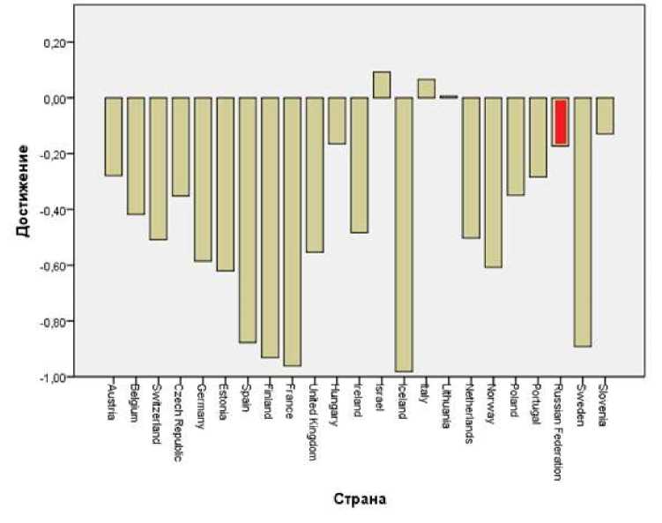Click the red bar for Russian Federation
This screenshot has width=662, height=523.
tap(560, 122)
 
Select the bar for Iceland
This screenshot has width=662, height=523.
tap(404, 234)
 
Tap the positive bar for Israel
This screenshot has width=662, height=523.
tap(382, 85)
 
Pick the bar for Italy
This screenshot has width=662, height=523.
tap(427, 88)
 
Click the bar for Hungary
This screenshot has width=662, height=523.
tap(337, 121)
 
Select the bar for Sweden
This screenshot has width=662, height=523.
tap(583, 221)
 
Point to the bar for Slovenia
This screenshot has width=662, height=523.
tap(605, 116)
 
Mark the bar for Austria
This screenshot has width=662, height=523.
tap(113, 137)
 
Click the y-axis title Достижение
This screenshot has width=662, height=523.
tap(21, 191)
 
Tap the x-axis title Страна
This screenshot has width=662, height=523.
tap(358, 499)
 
